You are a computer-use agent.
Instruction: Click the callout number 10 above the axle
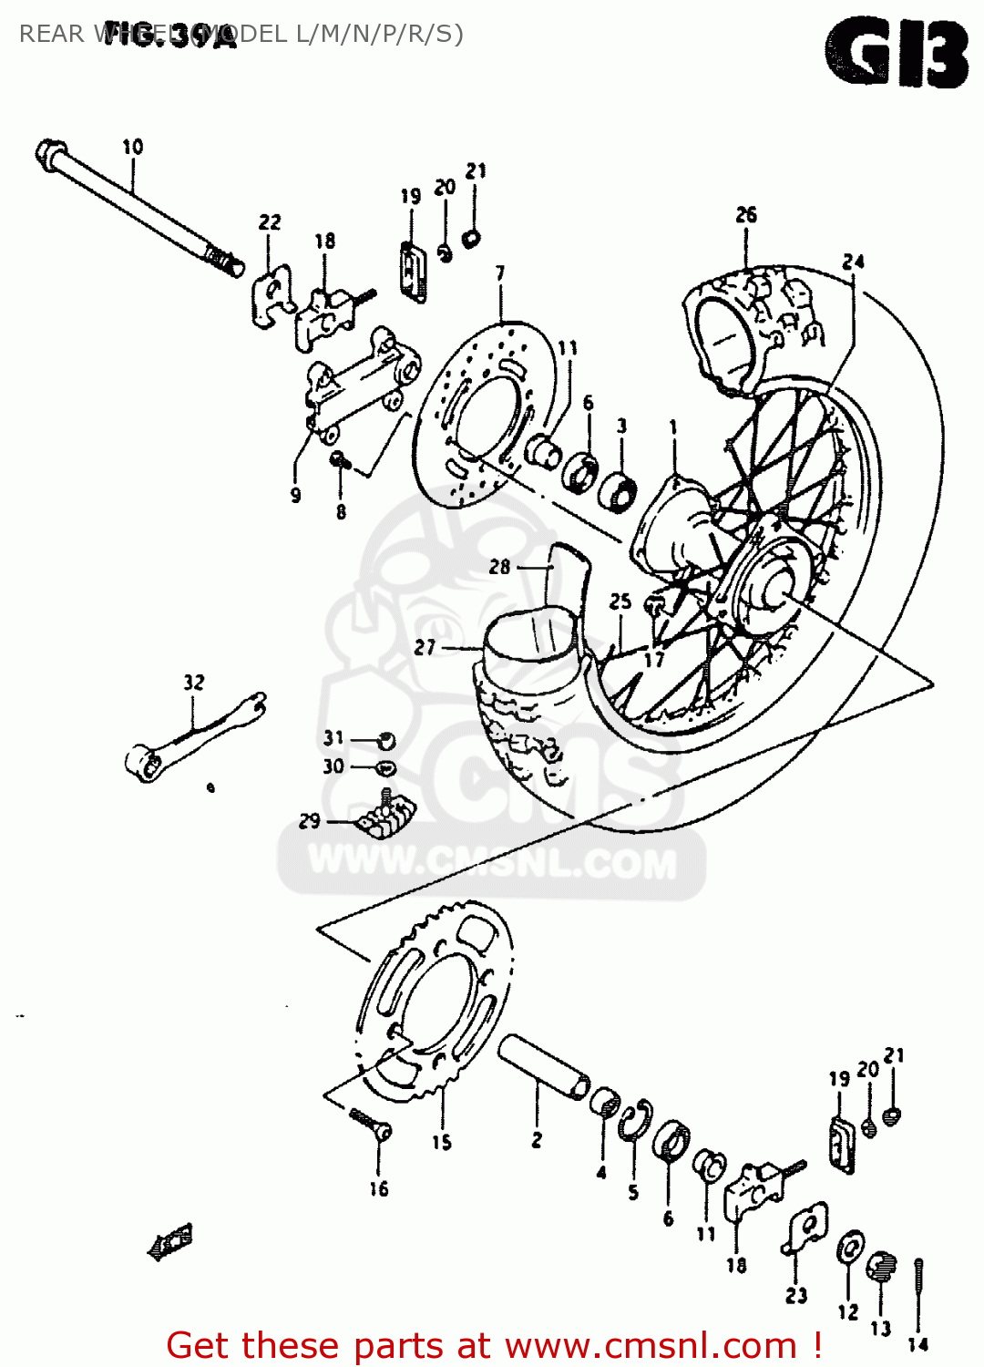[133, 147]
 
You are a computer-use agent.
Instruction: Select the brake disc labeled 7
[483, 410]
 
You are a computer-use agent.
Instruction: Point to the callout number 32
[194, 683]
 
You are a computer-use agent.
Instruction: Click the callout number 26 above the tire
[746, 215]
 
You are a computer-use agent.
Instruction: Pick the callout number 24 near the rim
[853, 262]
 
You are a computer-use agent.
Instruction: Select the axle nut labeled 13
[881, 1267]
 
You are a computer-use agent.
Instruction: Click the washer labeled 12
[851, 1249]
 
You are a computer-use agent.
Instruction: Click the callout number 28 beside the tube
[499, 567]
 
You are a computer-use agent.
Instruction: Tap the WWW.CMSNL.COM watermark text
[492, 862]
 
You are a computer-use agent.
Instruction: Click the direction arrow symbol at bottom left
[170, 1240]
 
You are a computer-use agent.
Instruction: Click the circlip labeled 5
[636, 1120]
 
